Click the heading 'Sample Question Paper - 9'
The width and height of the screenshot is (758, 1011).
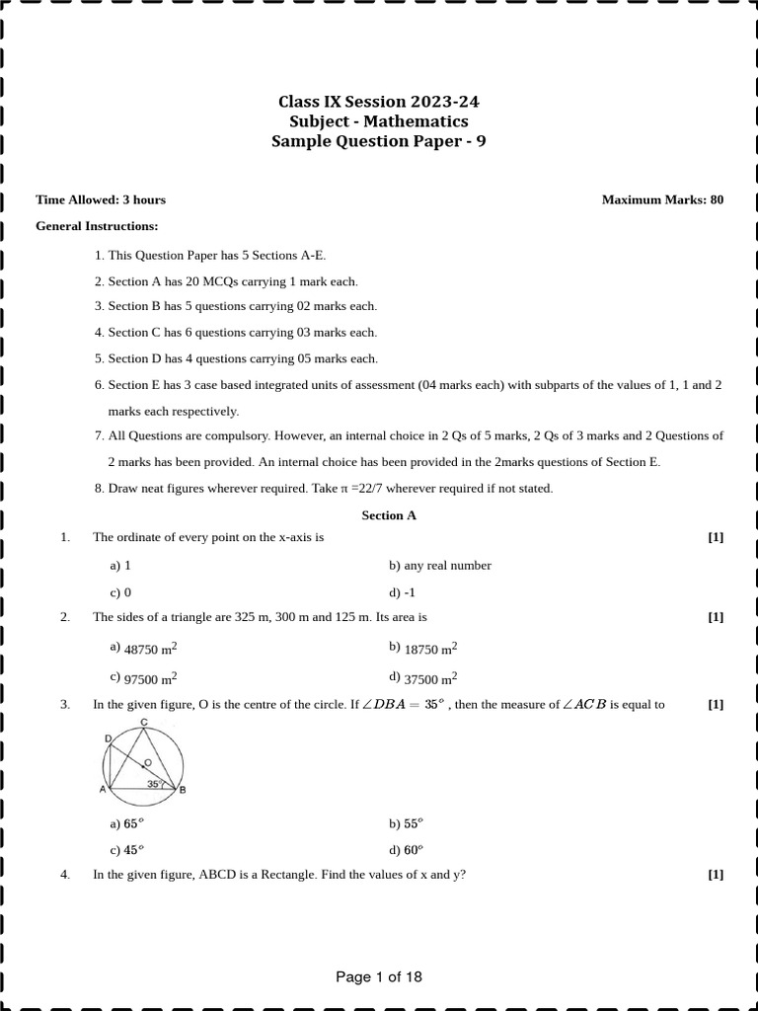click(x=379, y=141)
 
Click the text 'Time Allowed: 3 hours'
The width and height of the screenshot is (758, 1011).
click(x=101, y=199)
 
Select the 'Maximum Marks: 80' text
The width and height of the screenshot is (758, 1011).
click(x=662, y=199)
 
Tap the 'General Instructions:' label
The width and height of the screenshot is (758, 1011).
click(x=97, y=226)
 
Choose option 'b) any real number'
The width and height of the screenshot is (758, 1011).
click(x=439, y=566)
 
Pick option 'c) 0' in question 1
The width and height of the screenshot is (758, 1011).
click(x=120, y=592)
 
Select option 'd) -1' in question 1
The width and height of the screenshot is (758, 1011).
click(x=401, y=592)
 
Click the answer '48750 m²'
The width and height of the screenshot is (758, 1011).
click(x=150, y=650)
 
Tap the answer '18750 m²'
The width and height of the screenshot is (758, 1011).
click(x=430, y=650)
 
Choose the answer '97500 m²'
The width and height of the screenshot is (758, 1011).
click(x=150, y=678)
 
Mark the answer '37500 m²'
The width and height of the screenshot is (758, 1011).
click(x=430, y=678)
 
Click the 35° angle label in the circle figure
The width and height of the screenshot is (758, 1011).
click(x=154, y=784)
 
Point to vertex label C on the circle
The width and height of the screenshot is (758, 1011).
click(x=144, y=723)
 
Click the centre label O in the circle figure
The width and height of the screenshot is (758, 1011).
click(x=147, y=762)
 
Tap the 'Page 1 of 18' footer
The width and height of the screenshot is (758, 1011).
click(x=379, y=977)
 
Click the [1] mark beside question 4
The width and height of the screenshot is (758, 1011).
click(x=716, y=874)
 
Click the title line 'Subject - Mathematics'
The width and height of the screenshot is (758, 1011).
click(x=379, y=121)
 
